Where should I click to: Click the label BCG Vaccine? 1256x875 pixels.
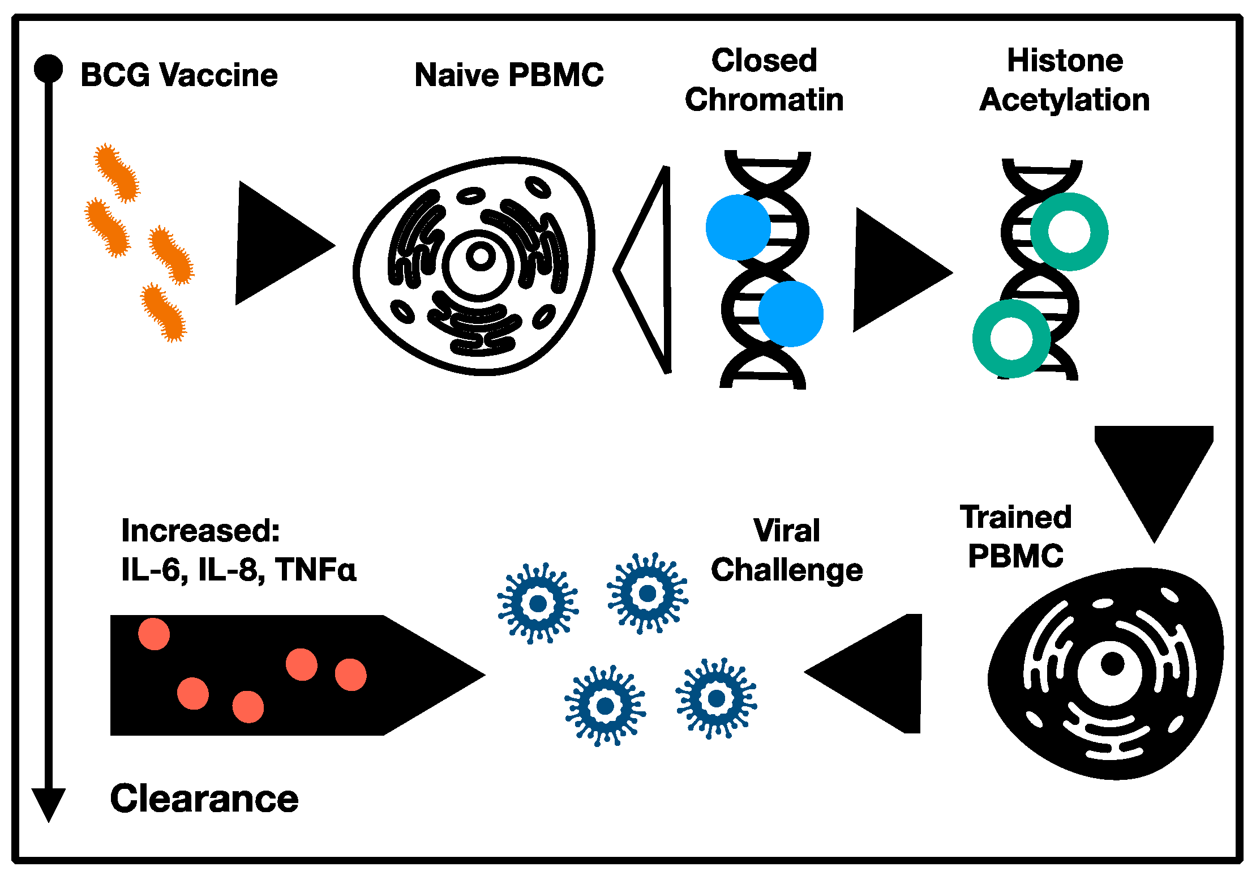coord(179,75)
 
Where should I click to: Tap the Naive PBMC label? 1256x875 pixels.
coord(509,75)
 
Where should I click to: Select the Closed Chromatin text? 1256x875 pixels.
coord(764,80)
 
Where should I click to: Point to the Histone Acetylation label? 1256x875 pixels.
coord(1064,80)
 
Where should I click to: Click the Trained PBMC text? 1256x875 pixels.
coord(1015,536)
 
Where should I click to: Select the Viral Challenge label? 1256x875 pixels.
coord(787,550)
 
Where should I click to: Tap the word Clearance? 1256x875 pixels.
coord(204,799)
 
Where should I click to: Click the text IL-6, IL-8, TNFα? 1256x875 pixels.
coord(239,569)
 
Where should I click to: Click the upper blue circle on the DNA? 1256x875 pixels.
coord(738,227)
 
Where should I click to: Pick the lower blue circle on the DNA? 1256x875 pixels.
coord(791,314)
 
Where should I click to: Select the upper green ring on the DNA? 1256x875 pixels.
coord(1069,231)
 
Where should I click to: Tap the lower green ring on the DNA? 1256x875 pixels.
coord(1011,339)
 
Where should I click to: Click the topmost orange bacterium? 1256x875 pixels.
coord(117,172)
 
